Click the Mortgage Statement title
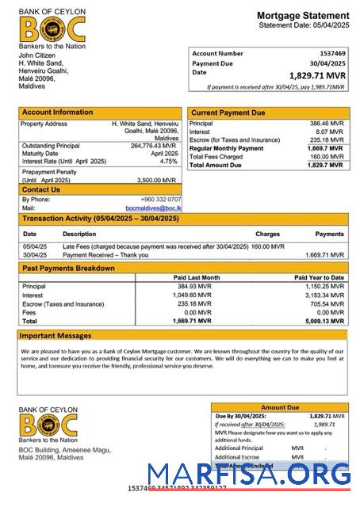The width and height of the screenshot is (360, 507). (x=303, y=16)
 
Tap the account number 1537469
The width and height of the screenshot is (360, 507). (x=331, y=53)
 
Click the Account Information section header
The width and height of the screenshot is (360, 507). (x=57, y=112)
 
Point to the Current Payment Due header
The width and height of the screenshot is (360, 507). (x=228, y=113)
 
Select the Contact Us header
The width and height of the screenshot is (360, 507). (x=41, y=190)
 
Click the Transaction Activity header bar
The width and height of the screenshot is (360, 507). (x=101, y=219)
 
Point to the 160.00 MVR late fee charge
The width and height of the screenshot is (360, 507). (x=267, y=246)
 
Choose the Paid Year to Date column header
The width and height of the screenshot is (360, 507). (x=319, y=278)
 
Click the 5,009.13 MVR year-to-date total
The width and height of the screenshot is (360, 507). (x=324, y=322)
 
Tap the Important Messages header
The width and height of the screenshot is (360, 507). (x=56, y=336)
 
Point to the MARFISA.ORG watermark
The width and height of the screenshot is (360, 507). (x=248, y=474)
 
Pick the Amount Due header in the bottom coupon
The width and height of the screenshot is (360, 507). (x=279, y=407)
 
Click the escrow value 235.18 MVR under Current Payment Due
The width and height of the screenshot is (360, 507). (x=327, y=140)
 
